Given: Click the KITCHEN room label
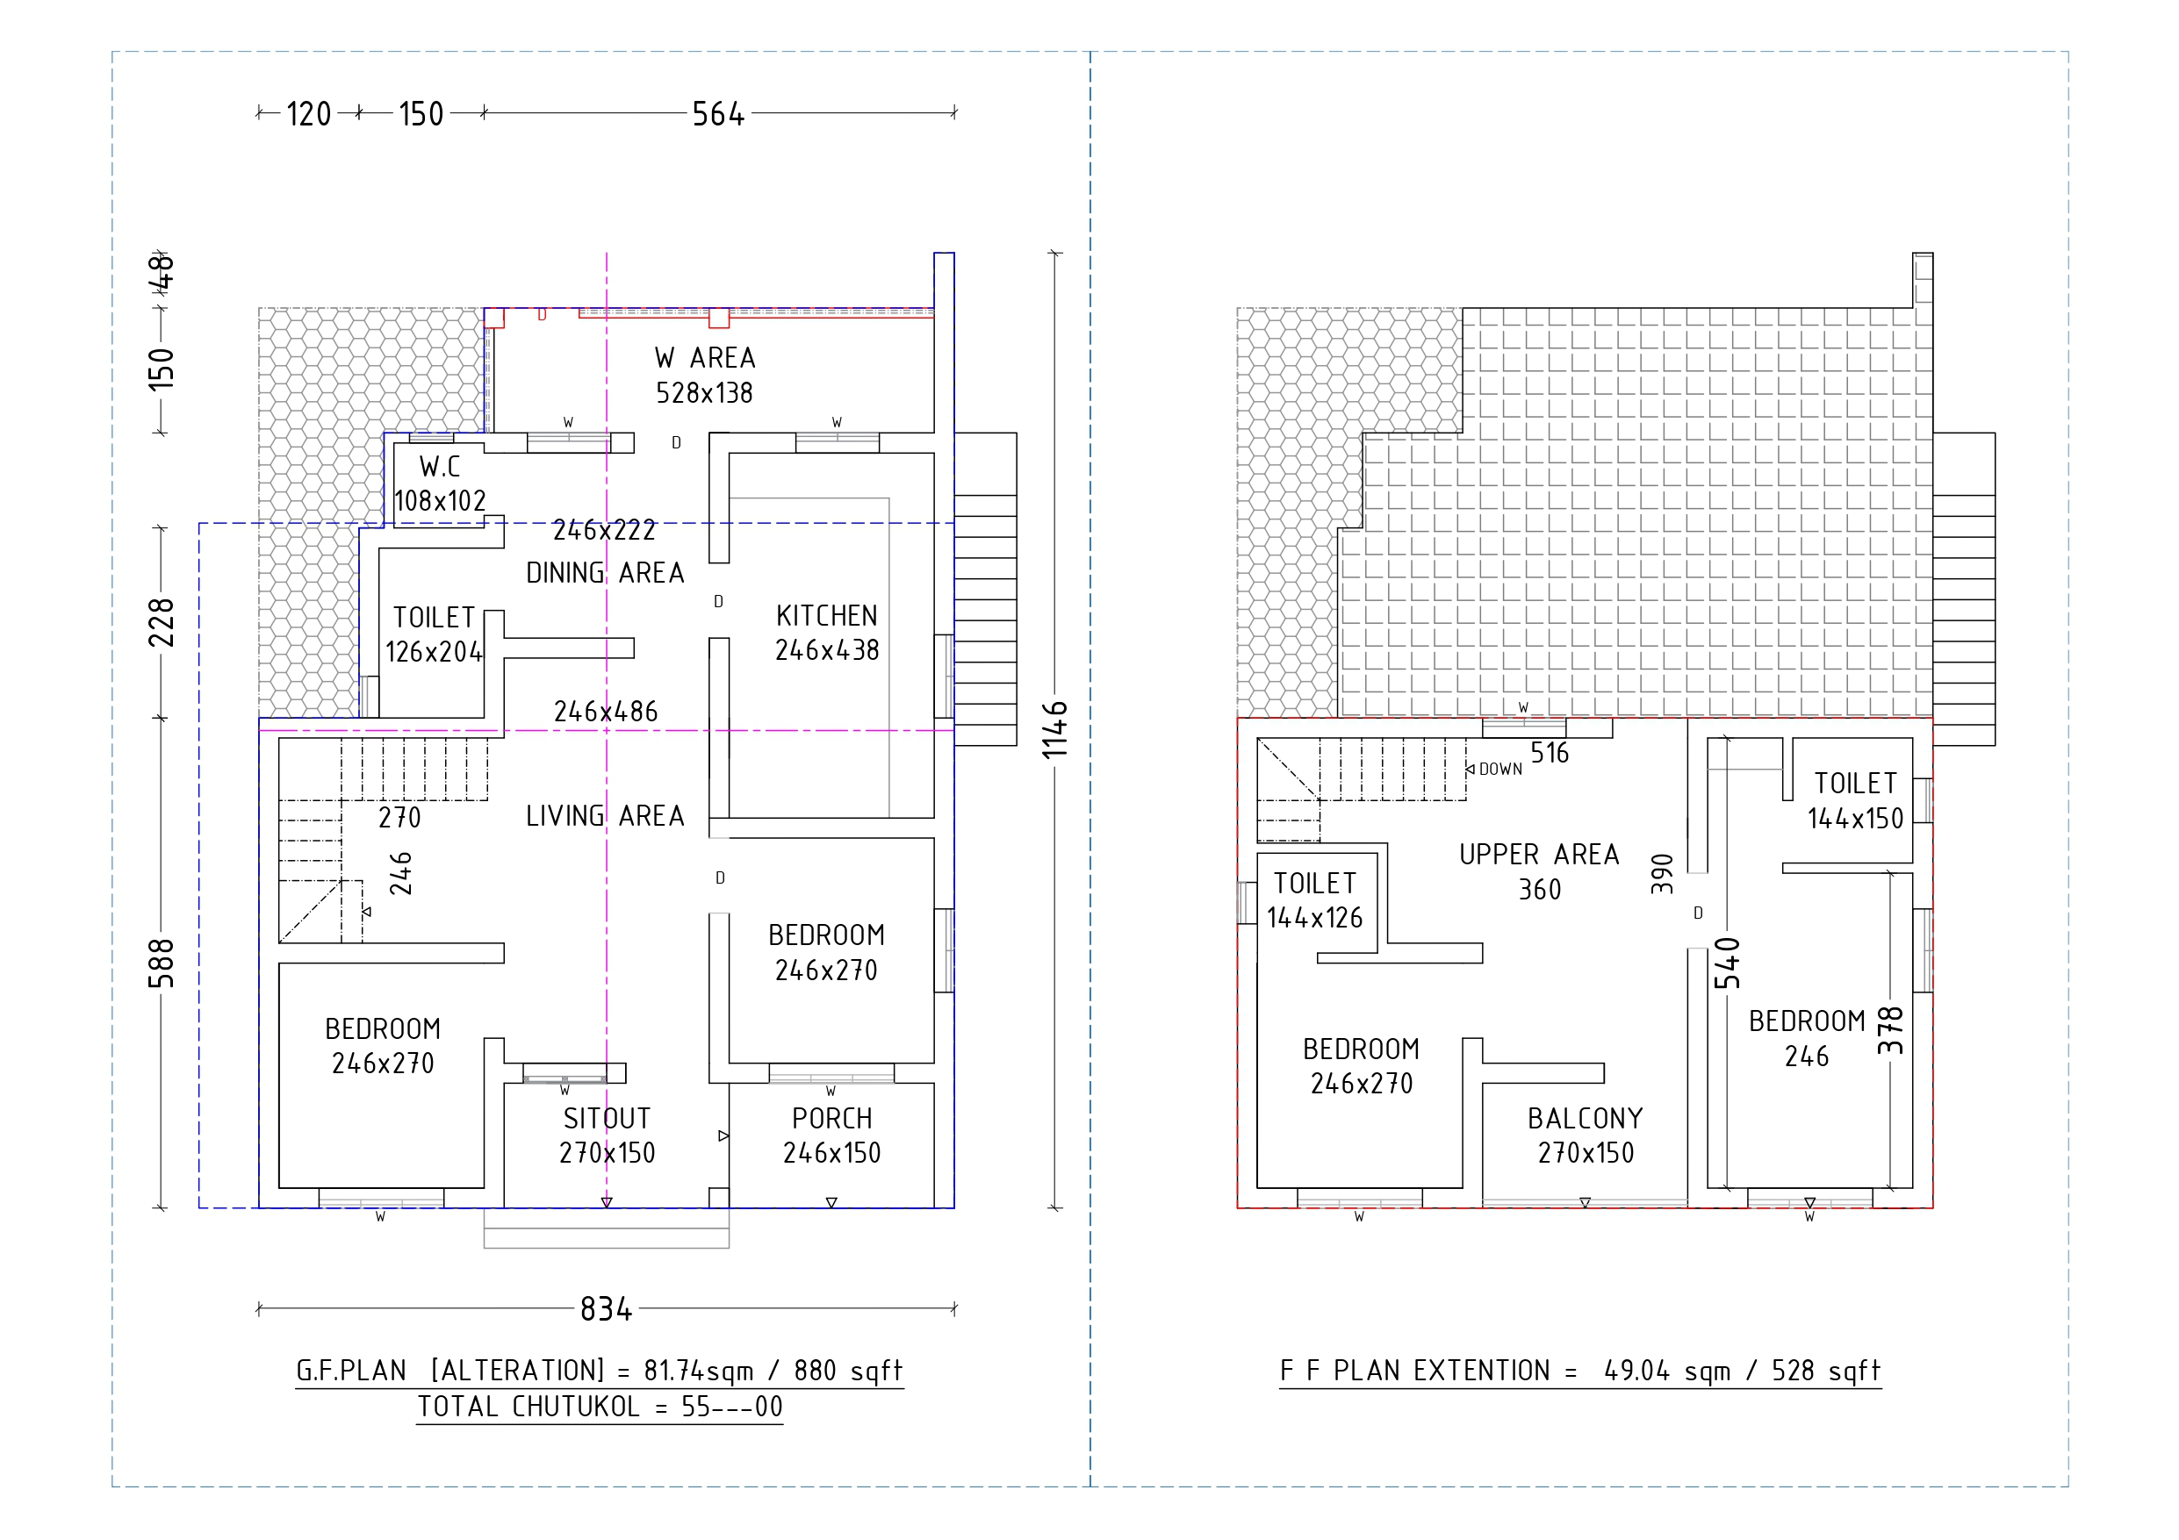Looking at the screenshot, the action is click(x=827, y=616).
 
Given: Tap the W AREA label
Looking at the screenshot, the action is click(x=704, y=358).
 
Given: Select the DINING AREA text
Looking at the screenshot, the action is click(x=605, y=573).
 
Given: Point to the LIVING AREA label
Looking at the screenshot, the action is click(x=605, y=816).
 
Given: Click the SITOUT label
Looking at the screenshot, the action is click(x=607, y=1119).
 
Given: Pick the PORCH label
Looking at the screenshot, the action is click(x=831, y=1119).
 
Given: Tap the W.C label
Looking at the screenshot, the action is click(x=440, y=467).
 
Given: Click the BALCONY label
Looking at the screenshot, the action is click(x=1585, y=1119).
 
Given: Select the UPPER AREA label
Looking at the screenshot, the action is click(x=1539, y=855).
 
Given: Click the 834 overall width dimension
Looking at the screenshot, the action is click(x=606, y=1309).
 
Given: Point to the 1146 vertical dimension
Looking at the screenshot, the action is click(x=1055, y=730).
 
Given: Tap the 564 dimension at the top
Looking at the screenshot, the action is click(x=718, y=114).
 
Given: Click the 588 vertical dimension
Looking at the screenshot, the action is click(x=162, y=963).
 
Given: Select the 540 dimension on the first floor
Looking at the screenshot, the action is click(x=1727, y=963).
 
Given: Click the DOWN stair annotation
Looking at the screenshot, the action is click(x=1500, y=770).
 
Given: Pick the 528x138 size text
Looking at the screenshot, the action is click(x=704, y=393).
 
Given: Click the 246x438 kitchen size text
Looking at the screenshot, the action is click(x=827, y=651).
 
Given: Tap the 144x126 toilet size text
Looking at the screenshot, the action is click(x=1314, y=918).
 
